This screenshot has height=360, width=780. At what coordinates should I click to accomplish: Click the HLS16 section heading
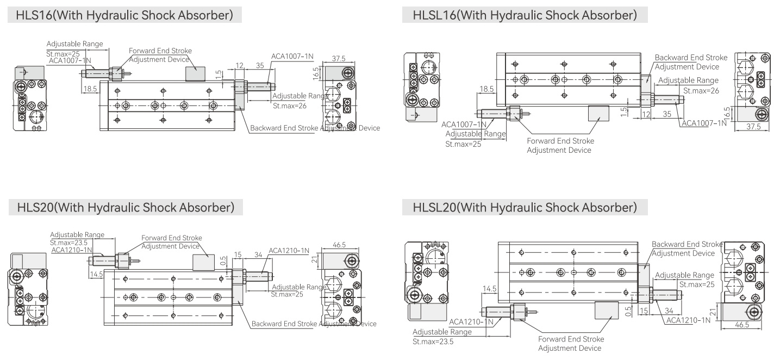coord(124,15)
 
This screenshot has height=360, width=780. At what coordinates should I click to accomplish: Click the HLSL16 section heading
coord(525,15)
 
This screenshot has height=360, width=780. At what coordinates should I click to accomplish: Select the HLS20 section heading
coord(126,207)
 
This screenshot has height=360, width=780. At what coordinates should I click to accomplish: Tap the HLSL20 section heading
coord(525,207)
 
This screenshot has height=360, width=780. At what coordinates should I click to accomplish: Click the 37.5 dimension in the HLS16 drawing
coord(339,59)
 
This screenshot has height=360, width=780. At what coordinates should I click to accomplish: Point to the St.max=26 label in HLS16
coord(289,106)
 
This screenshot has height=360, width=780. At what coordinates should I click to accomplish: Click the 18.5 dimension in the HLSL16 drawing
coord(486,89)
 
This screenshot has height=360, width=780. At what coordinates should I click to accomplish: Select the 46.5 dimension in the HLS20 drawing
coord(339,245)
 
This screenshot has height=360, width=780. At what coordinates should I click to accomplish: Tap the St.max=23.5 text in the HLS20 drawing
coord(68,243)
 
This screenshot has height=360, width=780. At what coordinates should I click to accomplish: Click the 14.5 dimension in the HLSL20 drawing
coord(489,289)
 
